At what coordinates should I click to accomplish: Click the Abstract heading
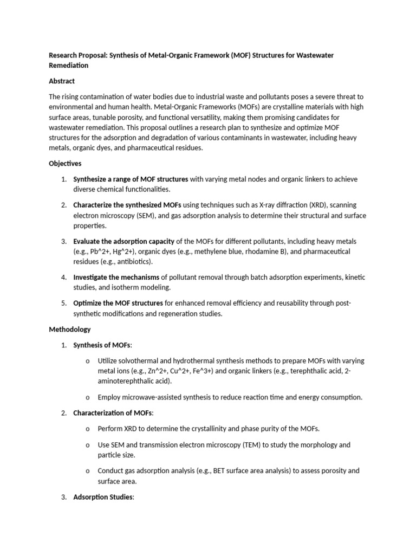62,81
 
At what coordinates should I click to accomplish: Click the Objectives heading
65,163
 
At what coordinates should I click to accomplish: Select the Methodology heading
70,329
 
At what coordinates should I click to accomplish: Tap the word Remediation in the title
69,65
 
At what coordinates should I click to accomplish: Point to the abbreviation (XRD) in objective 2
317,205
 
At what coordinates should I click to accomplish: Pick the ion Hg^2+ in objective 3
122,251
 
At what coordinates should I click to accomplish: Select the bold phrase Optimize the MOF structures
118,302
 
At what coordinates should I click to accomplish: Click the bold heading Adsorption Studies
102,496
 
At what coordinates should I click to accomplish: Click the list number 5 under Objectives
63,302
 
